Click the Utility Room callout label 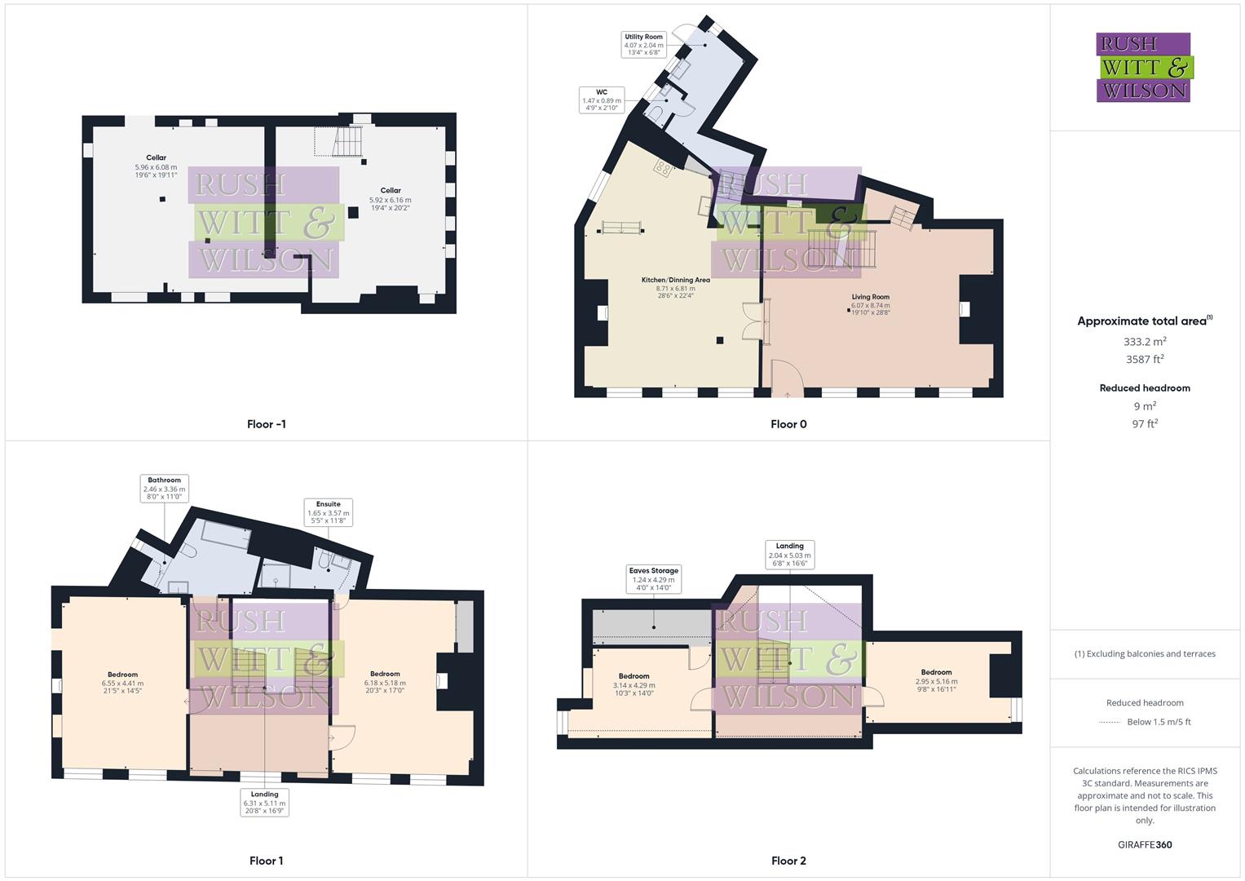point(643,44)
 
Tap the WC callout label point(602,100)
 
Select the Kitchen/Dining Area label point(675,288)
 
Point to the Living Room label point(870,304)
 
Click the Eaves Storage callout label point(653,579)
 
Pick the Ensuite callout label point(328,512)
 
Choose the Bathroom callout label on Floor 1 point(164,488)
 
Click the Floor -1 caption point(266,424)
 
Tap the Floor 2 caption point(788,861)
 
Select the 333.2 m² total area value point(1145,342)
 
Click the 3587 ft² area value point(1145,359)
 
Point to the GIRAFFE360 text point(1145,844)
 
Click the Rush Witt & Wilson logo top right point(1144,67)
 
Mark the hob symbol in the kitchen point(662,169)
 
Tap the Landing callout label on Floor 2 point(789,555)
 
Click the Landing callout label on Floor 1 point(264,802)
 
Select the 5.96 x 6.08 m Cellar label point(156,166)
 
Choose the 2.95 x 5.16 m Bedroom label point(936,680)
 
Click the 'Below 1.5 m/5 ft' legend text point(1159,722)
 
